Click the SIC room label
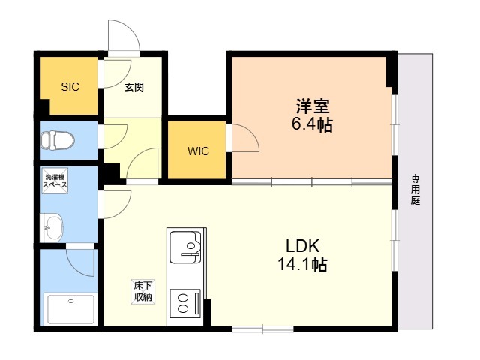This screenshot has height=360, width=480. click(x=70, y=87)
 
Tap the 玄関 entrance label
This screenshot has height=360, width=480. click(x=134, y=87)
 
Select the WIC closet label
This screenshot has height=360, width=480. click(x=198, y=151)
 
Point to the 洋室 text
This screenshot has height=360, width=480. click(x=312, y=106)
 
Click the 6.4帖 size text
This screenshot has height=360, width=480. click(x=312, y=124)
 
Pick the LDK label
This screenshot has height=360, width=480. click(x=303, y=245)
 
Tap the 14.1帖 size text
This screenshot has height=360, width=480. click(x=303, y=264)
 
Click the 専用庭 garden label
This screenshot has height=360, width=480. click(x=415, y=190)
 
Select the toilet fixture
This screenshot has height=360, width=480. click(x=57, y=140)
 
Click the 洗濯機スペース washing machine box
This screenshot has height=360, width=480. click(x=55, y=181)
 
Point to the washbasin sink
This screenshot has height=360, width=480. click(x=52, y=228)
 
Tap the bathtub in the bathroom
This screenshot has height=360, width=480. click(x=70, y=308)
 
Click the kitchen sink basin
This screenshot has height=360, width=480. click(x=185, y=247)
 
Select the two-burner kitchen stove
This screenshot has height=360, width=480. click(x=185, y=303)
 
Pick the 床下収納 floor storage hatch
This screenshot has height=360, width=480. click(x=143, y=292)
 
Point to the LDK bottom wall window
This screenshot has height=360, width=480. click(x=262, y=328)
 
